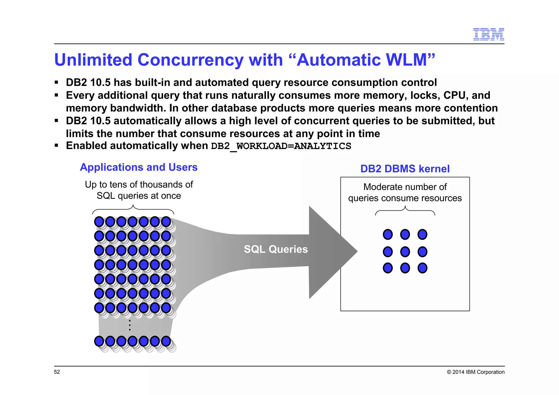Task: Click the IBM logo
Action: (488, 34)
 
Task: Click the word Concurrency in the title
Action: (190, 60)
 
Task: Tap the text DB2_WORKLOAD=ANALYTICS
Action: (281, 146)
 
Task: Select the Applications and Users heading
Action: (139, 167)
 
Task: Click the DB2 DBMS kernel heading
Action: (405, 169)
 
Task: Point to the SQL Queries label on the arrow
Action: (276, 249)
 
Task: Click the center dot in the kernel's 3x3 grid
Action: (405, 252)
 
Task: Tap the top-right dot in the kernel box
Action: (422, 234)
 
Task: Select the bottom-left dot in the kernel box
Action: (388, 268)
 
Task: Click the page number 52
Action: (57, 372)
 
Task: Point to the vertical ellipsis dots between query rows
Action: (130, 325)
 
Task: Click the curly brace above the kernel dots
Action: (405, 211)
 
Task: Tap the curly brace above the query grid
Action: (133, 209)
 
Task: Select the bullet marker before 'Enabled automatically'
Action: (57, 146)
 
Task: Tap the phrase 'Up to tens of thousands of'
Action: (139, 185)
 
